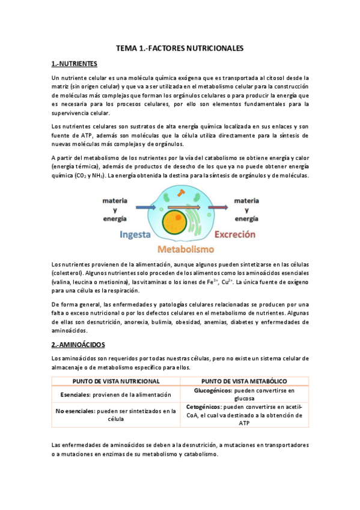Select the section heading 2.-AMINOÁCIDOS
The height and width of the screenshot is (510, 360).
tap(78, 345)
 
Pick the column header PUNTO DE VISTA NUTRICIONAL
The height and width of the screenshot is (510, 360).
tap(115, 381)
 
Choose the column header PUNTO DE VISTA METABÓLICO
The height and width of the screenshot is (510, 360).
tap(244, 381)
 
